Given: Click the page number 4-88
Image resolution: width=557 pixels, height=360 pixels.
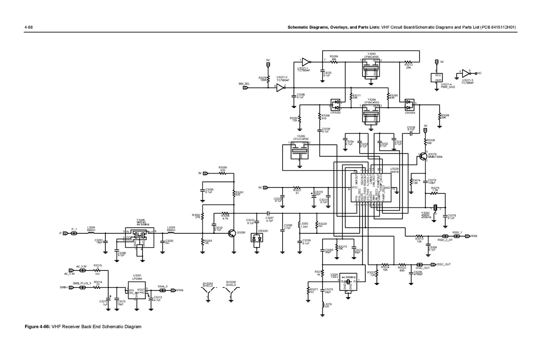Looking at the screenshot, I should click(28, 28).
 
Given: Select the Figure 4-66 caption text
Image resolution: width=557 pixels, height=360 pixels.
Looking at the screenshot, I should click(83, 327).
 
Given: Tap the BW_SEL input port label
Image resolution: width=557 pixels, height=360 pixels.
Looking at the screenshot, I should click(245, 84).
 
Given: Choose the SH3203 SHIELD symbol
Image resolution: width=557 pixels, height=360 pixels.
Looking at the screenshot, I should click(207, 291).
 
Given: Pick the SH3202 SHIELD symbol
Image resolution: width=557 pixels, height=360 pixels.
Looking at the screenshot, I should click(231, 291).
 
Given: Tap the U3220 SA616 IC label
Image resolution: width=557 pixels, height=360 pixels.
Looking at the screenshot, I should click(395, 170).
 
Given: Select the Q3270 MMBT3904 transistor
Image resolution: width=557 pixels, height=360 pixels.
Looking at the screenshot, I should click(424, 156).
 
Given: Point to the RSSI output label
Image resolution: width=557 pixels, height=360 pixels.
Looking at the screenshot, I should click(474, 236).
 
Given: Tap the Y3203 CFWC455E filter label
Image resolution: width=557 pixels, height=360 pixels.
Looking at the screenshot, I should click(371, 56).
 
